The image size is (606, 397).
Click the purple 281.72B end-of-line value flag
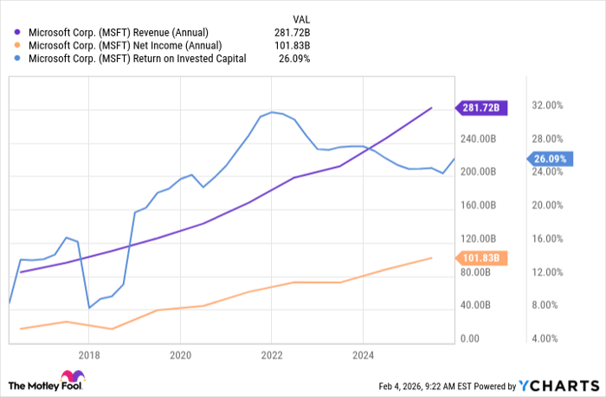click(482, 108)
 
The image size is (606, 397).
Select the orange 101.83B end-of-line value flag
click(481, 257)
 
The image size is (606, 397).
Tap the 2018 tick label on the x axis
click(88, 355)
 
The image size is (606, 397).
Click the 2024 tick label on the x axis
click(363, 355)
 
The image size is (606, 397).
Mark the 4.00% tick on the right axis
click(547, 338)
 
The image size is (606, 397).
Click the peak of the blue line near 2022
click(271, 112)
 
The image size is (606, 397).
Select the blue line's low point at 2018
click(89, 307)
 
